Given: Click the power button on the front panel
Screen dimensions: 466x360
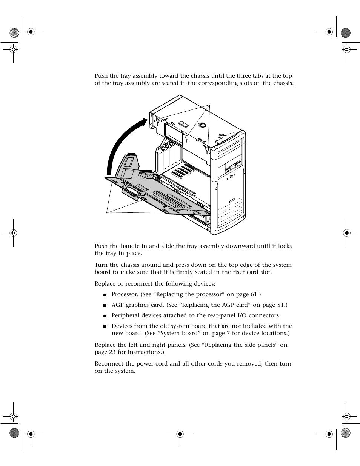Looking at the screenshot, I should (x=231, y=176).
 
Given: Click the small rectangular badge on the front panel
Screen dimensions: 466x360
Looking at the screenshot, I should (x=232, y=200).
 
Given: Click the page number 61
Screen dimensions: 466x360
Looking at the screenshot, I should (x=254, y=294).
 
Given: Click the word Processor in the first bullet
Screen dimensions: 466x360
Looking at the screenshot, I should (x=125, y=294).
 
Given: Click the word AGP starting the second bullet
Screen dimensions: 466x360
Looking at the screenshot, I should (x=118, y=305).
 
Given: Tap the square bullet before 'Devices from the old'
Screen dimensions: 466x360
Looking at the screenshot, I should (x=105, y=326).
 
